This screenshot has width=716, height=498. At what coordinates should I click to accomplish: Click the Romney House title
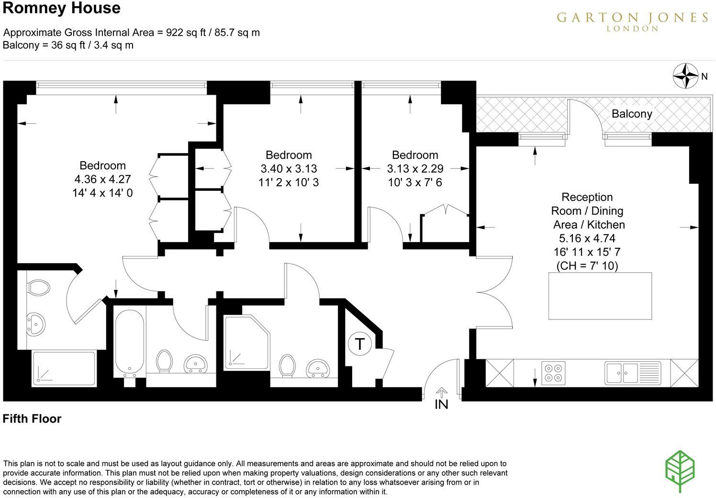(x=62, y=8)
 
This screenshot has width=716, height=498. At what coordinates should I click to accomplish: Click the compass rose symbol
(x=686, y=76)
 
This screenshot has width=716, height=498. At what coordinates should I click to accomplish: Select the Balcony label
(x=632, y=114)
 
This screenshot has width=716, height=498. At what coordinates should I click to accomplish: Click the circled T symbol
(x=360, y=343)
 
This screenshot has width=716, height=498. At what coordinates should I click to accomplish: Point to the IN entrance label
(x=441, y=404)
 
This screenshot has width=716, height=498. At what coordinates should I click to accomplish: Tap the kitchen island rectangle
(x=600, y=296)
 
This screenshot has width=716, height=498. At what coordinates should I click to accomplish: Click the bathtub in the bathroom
(x=129, y=342)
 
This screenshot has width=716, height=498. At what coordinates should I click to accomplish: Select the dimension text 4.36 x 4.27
(x=102, y=179)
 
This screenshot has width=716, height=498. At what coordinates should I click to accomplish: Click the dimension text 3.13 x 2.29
(x=415, y=169)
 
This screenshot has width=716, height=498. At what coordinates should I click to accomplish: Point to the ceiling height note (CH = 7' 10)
(x=587, y=266)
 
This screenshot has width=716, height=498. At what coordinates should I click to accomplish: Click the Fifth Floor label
(x=32, y=419)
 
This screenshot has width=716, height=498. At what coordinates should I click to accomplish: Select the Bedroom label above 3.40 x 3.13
(x=289, y=155)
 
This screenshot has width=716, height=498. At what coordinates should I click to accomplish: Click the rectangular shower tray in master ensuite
(x=64, y=369)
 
